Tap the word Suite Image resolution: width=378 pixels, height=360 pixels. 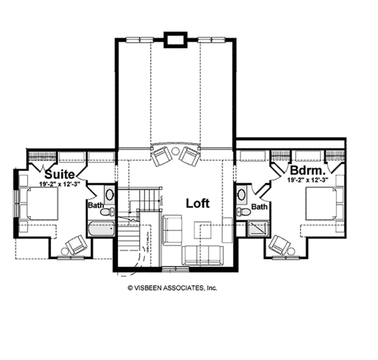[x=60, y=173]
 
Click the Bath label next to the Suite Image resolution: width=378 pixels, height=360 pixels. [x=96, y=205]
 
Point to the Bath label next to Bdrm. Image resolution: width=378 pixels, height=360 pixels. [x=259, y=206]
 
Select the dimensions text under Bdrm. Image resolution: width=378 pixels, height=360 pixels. [x=308, y=180]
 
